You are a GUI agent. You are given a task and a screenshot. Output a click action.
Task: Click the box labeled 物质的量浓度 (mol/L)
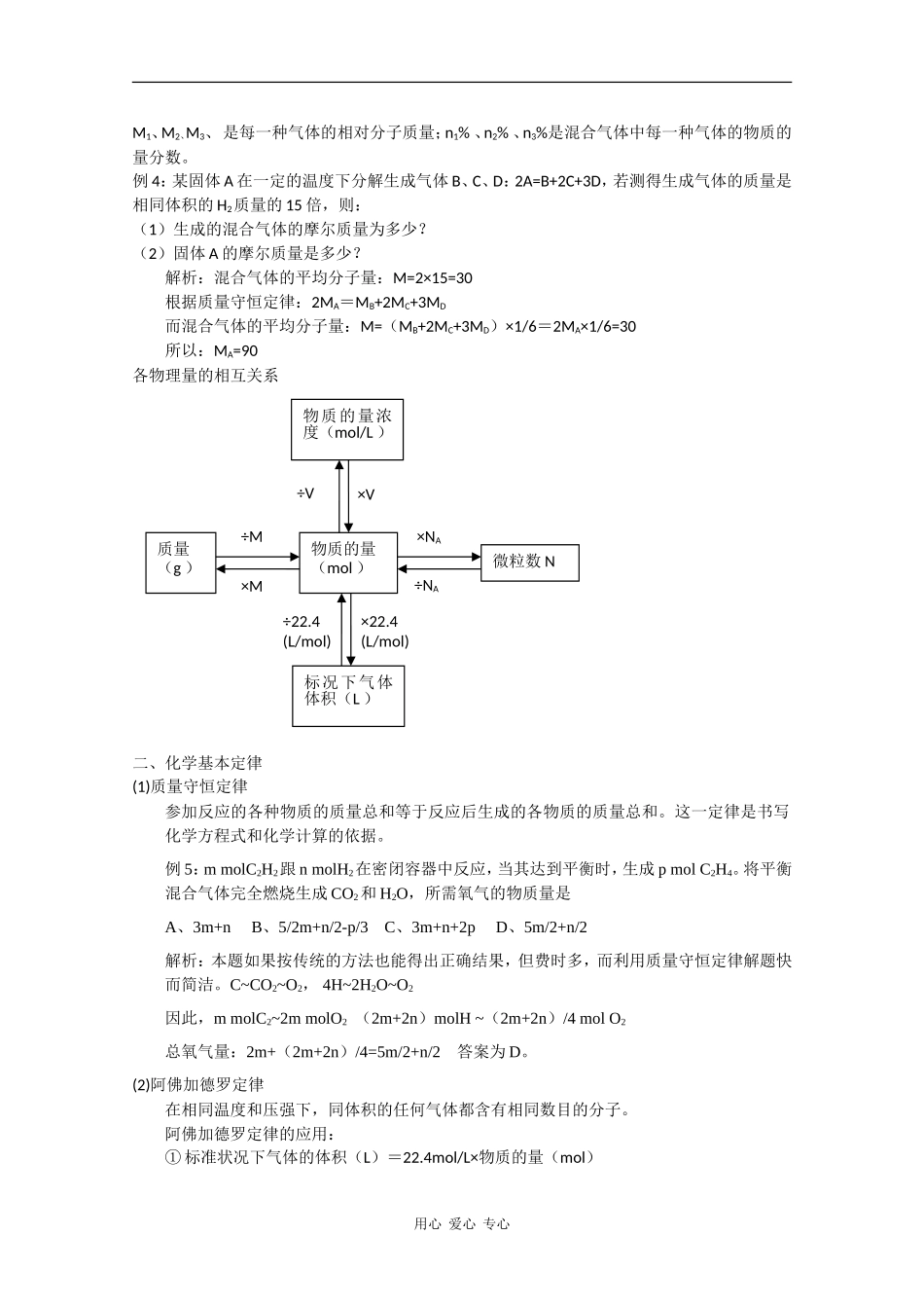click(x=347, y=429)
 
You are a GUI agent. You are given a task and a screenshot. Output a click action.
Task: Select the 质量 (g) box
click(x=179, y=563)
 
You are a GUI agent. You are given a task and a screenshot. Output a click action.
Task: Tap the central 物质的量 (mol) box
click(x=347, y=563)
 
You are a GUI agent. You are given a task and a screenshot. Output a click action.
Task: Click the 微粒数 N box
click(x=529, y=563)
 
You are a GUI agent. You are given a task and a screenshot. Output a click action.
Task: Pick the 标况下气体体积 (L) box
click(x=348, y=696)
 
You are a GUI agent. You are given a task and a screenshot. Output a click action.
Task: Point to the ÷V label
click(x=305, y=493)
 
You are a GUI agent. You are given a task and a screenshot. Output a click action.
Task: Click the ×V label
click(x=366, y=494)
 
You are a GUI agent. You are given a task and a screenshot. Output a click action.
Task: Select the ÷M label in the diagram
click(x=251, y=536)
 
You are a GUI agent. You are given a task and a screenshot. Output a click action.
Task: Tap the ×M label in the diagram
click(x=251, y=586)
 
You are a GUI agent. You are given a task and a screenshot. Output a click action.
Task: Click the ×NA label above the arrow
click(x=429, y=537)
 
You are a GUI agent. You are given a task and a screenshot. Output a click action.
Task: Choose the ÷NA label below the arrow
click(x=427, y=586)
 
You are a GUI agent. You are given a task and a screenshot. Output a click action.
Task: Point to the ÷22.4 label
click(x=302, y=621)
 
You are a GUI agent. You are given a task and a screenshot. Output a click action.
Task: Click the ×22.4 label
click(x=379, y=621)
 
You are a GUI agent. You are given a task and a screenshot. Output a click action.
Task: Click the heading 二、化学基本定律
click(x=197, y=763)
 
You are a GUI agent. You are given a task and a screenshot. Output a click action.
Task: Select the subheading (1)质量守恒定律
click(x=190, y=786)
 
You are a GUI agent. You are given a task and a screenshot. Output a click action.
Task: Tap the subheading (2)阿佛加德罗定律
click(x=198, y=1084)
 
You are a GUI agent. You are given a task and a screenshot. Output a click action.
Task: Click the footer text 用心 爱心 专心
click(x=462, y=1224)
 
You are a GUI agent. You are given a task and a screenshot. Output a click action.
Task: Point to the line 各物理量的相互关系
click(x=205, y=375)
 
